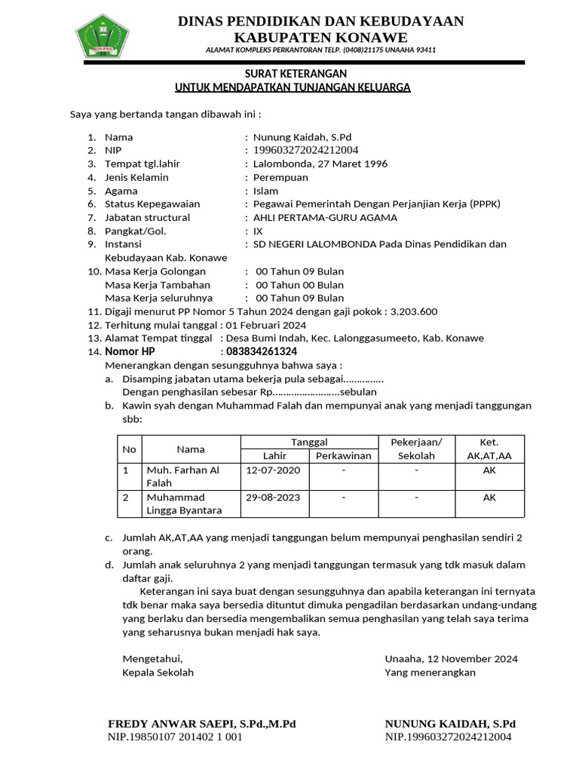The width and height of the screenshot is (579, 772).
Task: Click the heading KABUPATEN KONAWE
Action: coord(320,38)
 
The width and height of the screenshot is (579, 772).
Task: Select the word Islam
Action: coord(265,191)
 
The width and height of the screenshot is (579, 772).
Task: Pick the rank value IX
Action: coord(258,231)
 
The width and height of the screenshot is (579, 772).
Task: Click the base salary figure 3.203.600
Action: coord(414,311)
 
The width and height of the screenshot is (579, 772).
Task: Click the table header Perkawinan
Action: coord(344,456)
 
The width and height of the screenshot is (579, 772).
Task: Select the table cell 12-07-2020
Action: coord(273,470)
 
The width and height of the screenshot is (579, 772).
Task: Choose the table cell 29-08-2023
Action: coord(273,498)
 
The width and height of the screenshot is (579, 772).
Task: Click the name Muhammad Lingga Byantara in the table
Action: coord(184,504)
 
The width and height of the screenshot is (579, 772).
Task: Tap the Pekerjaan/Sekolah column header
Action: coord(416,449)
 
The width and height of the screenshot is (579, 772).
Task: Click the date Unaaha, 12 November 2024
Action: coord(451,658)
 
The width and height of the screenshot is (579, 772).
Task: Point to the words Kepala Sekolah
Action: coord(158,672)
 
